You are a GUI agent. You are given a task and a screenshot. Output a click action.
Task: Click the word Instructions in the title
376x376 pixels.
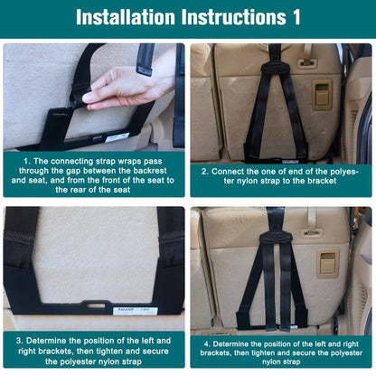(231, 18)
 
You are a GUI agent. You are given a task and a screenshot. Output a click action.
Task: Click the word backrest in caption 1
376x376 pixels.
(149, 170)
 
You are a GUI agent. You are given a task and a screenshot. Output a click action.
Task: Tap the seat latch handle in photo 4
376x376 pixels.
(327, 263)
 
